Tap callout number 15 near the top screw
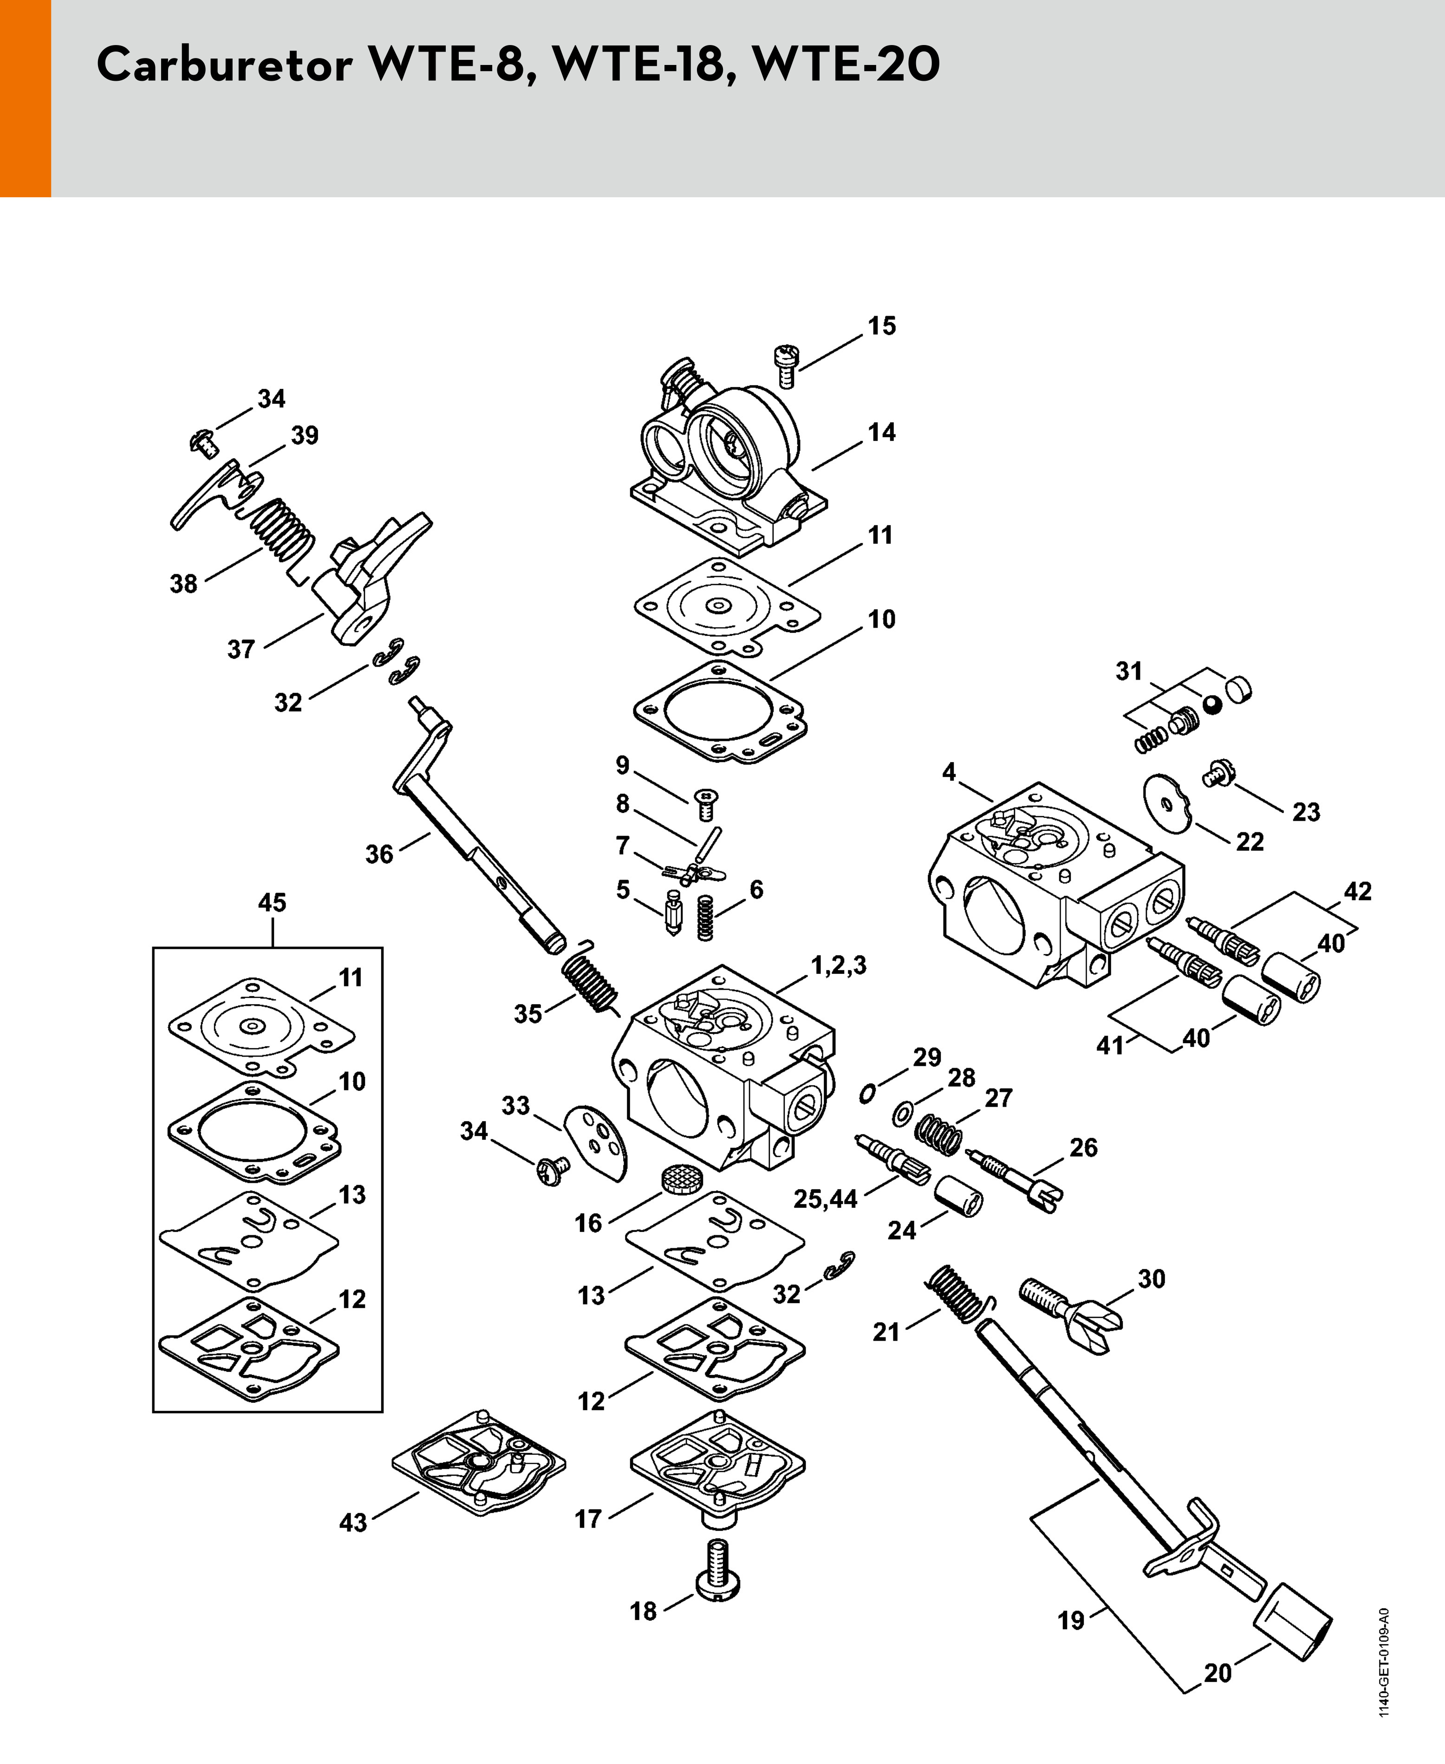[x=882, y=326]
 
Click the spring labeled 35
[x=590, y=977]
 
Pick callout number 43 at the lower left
[x=353, y=1523]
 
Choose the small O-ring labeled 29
[x=867, y=1093]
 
